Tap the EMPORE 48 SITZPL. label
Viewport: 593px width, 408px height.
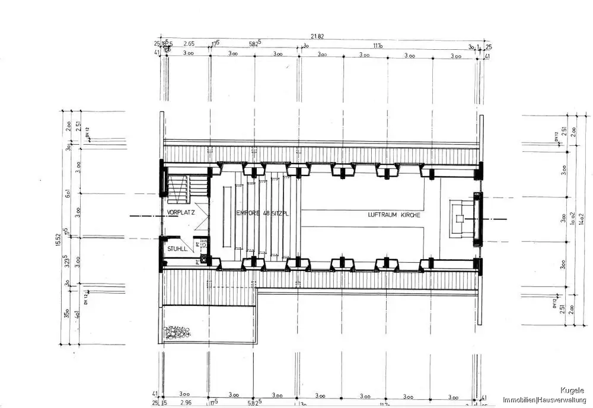[x=263, y=214]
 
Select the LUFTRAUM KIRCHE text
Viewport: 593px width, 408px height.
[x=394, y=215]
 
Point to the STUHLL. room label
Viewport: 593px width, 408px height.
[x=177, y=249]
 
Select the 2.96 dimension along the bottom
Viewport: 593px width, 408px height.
[x=184, y=403]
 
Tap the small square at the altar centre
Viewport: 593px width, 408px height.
[x=458, y=218]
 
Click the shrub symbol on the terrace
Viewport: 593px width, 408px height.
[x=177, y=332]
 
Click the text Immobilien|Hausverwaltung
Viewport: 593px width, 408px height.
[x=546, y=400]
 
